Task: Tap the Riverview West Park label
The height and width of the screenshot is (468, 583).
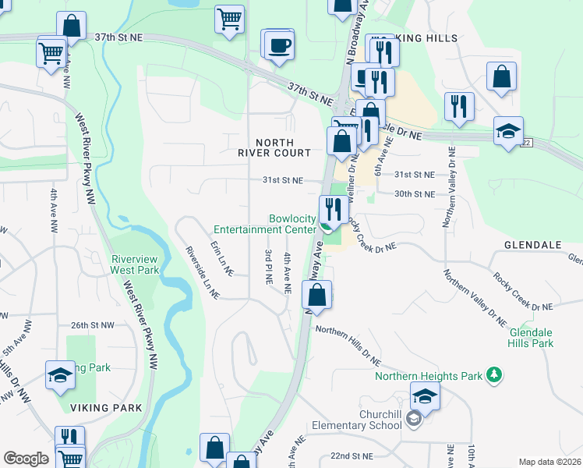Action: (135, 264)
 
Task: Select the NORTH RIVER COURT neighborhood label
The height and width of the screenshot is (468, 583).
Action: (284, 147)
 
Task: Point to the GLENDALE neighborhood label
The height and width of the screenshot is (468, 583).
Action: (532, 244)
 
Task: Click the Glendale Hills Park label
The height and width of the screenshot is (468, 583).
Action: (531, 338)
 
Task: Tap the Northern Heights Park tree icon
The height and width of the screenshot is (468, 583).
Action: (493, 375)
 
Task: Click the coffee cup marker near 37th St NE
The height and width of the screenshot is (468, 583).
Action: (279, 44)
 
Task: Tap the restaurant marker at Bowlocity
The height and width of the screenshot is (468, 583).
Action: (334, 210)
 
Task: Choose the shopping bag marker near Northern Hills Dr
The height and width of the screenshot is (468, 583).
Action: (316, 296)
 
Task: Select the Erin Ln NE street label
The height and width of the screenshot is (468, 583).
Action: (221, 258)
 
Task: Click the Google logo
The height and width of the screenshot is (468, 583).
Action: (26, 459)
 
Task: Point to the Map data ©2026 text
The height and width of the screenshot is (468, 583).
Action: (549, 462)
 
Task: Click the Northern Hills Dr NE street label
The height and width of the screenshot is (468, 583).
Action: (348, 346)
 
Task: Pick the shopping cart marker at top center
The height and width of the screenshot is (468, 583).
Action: (229, 19)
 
